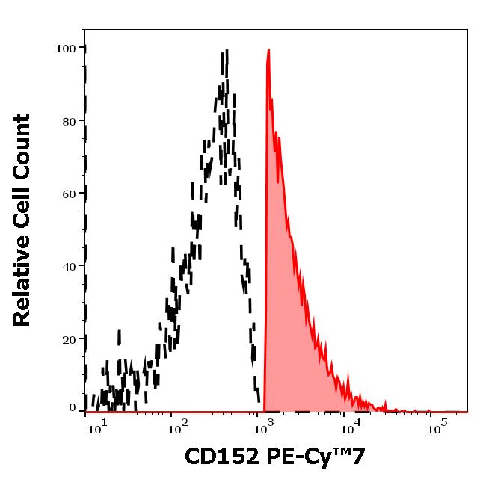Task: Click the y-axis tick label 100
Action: click(x=67, y=49)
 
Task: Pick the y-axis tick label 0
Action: click(x=73, y=408)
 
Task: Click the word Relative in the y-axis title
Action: click(x=22, y=281)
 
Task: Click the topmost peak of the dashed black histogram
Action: click(x=224, y=52)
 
